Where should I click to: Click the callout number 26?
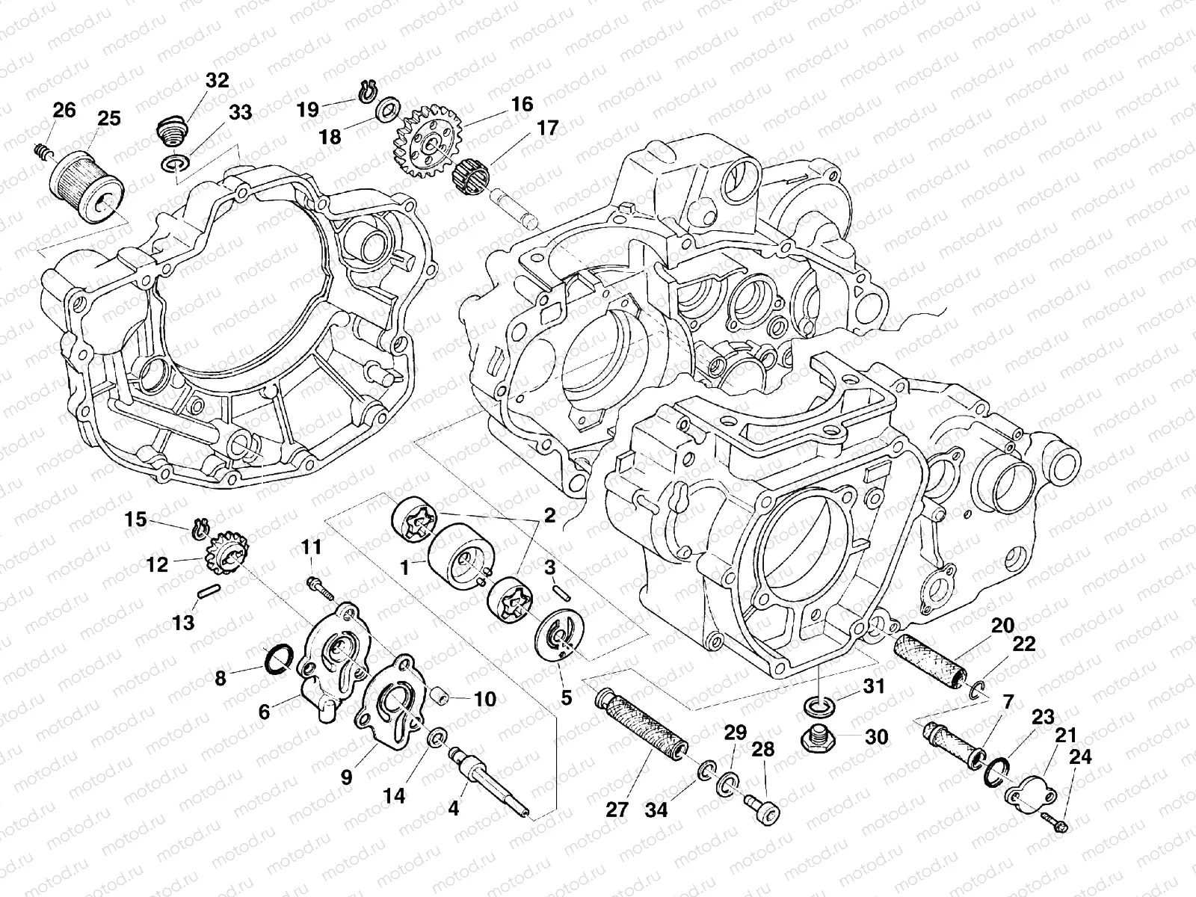(x=64, y=111)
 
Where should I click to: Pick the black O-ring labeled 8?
(x=278, y=659)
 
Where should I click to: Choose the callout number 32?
(x=217, y=81)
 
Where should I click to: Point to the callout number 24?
(x=1079, y=757)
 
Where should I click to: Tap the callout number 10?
(x=484, y=700)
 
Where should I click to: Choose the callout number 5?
(x=566, y=697)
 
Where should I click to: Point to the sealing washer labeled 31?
(x=819, y=706)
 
